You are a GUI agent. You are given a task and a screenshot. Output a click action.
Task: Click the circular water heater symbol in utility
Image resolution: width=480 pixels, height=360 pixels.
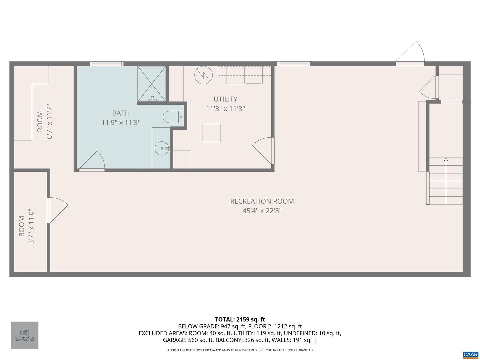203,75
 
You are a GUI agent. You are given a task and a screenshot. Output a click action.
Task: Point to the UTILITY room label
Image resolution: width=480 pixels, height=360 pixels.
225,99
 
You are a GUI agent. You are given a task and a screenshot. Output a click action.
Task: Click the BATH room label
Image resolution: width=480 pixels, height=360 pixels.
121,113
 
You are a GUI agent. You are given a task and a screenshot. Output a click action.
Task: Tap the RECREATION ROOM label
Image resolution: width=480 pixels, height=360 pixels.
262,201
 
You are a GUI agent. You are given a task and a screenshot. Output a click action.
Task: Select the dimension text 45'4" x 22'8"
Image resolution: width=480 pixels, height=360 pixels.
262,211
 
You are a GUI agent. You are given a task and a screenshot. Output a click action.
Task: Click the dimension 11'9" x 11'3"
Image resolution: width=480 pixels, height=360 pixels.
121,123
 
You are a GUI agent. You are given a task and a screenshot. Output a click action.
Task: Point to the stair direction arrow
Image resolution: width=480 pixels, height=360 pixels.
446,160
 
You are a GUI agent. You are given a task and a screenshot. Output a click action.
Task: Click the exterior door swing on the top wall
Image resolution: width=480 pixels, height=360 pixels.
411,53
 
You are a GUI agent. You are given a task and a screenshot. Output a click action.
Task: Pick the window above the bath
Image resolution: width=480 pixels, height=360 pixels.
107,64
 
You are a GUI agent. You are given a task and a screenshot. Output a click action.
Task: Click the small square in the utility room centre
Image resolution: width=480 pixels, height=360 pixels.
212,133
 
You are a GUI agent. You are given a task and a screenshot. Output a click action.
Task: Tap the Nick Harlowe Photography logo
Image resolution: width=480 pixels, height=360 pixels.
25,335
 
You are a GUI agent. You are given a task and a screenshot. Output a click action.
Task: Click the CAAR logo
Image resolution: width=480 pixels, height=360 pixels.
470,354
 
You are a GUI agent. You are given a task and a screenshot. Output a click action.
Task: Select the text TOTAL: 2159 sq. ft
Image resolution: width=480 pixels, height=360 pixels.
240,319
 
